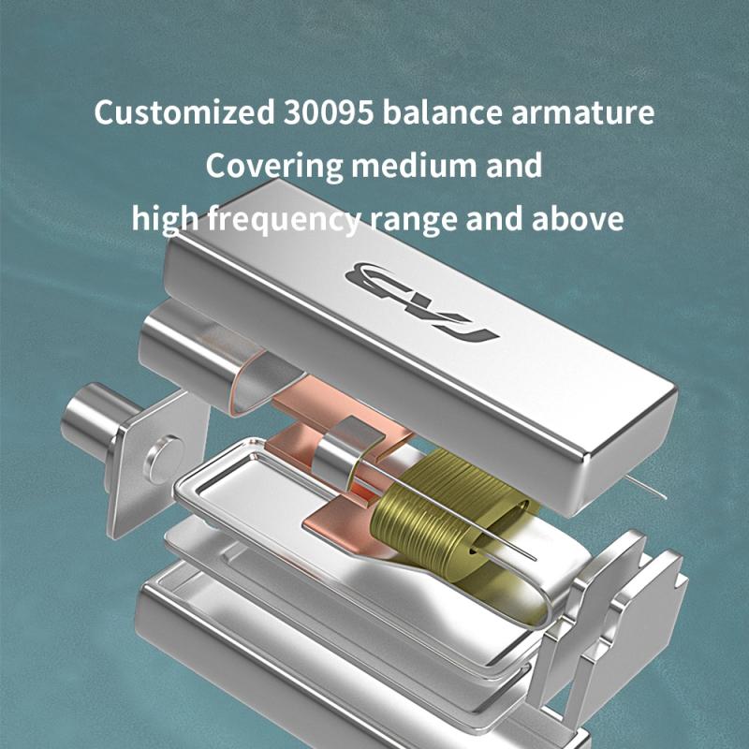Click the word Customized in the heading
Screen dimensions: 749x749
[x=184, y=112]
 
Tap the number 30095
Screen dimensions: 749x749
[x=329, y=112]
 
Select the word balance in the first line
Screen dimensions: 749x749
[x=442, y=112]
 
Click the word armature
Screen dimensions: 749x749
[x=582, y=113]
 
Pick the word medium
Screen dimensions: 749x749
[x=414, y=166]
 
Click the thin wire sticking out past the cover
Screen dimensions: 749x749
[x=646, y=487]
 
